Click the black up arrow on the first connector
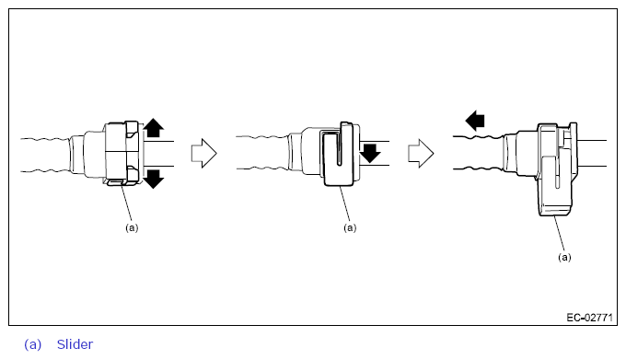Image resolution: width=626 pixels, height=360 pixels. [154, 128]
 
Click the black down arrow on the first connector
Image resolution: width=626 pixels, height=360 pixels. [154, 179]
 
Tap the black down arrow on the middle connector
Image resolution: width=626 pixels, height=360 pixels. [370, 153]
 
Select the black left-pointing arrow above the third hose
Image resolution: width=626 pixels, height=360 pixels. [475, 121]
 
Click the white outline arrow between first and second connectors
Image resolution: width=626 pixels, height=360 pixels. [204, 153]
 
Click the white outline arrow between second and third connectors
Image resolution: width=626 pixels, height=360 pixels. [421, 153]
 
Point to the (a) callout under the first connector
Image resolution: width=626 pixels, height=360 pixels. [132, 227]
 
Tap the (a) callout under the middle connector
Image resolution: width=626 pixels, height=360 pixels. [350, 227]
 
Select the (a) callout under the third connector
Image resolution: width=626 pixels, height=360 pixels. [564, 257]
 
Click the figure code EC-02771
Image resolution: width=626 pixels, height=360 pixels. [589, 318]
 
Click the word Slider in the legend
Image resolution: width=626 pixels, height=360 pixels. [75, 344]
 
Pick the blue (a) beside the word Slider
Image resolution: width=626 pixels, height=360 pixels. [33, 344]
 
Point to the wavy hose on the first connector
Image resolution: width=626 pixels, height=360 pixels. [45, 156]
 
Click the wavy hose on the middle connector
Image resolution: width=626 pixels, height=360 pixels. [261, 153]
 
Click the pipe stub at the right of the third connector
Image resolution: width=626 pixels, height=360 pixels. [592, 153]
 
